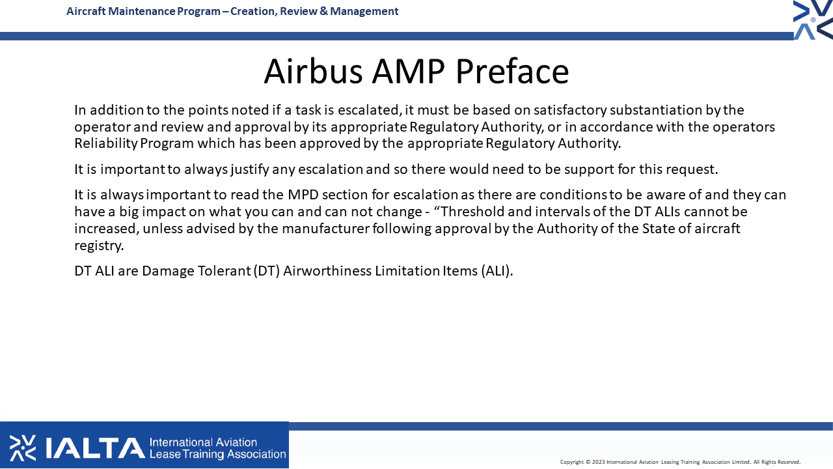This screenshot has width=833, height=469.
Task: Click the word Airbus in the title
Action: click(x=313, y=71)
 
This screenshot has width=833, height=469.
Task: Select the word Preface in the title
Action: click(x=512, y=71)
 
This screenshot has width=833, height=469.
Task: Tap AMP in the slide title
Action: click(x=408, y=71)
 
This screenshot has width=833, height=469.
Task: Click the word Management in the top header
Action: click(x=364, y=12)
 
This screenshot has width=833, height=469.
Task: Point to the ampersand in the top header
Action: click(x=323, y=11)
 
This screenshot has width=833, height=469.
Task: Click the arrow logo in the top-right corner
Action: click(x=813, y=20)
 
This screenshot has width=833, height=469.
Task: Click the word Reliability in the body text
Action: click(x=106, y=144)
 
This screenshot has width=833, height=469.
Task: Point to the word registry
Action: click(x=99, y=246)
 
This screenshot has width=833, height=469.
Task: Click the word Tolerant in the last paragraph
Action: click(x=225, y=271)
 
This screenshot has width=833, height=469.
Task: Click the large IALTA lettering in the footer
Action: click(x=96, y=448)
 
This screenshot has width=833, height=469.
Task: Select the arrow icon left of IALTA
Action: click(x=23, y=448)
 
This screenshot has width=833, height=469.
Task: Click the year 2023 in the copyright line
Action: click(x=598, y=462)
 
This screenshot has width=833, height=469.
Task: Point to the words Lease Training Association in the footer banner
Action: click(x=217, y=455)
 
